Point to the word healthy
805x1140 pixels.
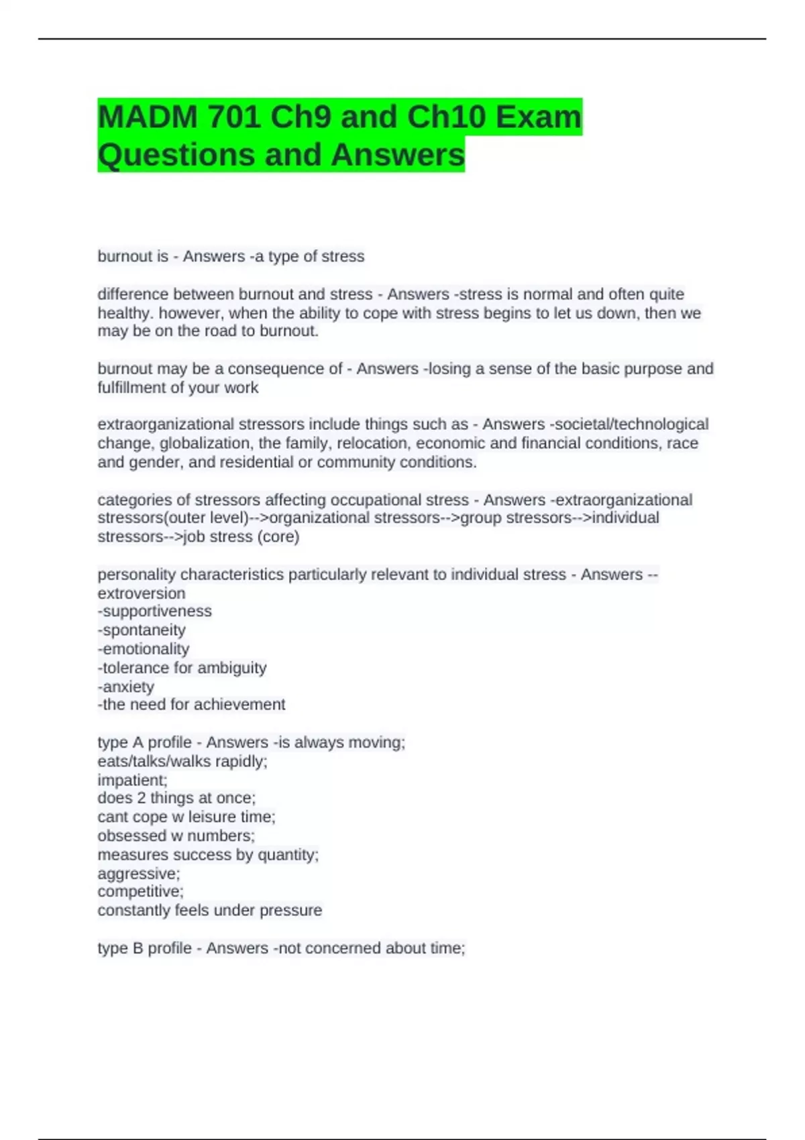point(124,313)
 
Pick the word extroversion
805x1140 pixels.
point(142,593)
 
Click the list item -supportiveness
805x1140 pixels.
point(155,612)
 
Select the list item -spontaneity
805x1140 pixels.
point(142,630)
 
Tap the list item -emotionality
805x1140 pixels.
point(144,649)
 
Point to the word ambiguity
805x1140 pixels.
point(232,668)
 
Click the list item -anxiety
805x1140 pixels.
point(126,687)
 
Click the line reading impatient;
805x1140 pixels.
point(132,781)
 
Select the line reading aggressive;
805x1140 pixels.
point(139,874)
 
